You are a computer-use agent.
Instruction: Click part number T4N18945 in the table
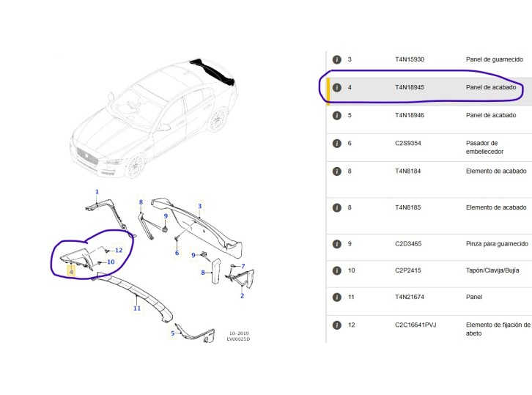click(410, 87)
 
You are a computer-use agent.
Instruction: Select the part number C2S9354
click(407, 143)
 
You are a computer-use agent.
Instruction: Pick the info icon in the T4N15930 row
click(337, 59)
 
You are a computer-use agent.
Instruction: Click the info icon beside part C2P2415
click(337, 270)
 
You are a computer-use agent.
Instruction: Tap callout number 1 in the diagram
click(96, 191)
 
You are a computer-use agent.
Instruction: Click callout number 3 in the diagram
click(199, 206)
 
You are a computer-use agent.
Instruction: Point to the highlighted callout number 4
click(71, 271)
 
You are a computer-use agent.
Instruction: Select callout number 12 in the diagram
click(119, 251)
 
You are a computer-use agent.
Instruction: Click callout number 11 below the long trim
click(137, 309)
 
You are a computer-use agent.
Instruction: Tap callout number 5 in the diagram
click(173, 334)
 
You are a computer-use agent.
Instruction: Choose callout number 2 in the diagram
click(242, 295)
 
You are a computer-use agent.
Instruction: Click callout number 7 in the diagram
click(243, 266)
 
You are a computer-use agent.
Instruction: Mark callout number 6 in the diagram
click(177, 253)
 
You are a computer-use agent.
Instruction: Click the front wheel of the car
click(134, 166)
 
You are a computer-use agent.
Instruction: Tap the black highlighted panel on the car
click(212, 72)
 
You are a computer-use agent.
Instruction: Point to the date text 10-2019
click(237, 333)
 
